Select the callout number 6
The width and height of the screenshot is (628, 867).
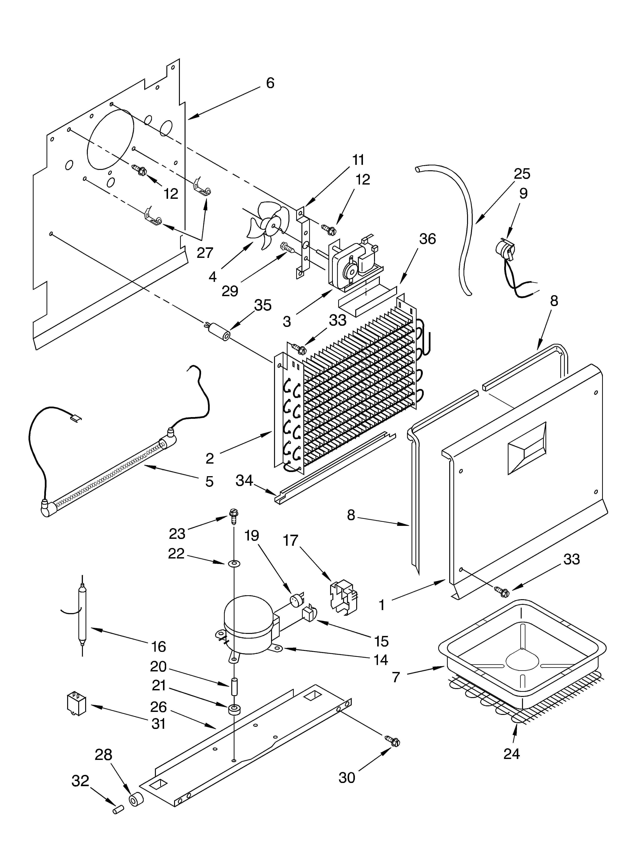(270, 83)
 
